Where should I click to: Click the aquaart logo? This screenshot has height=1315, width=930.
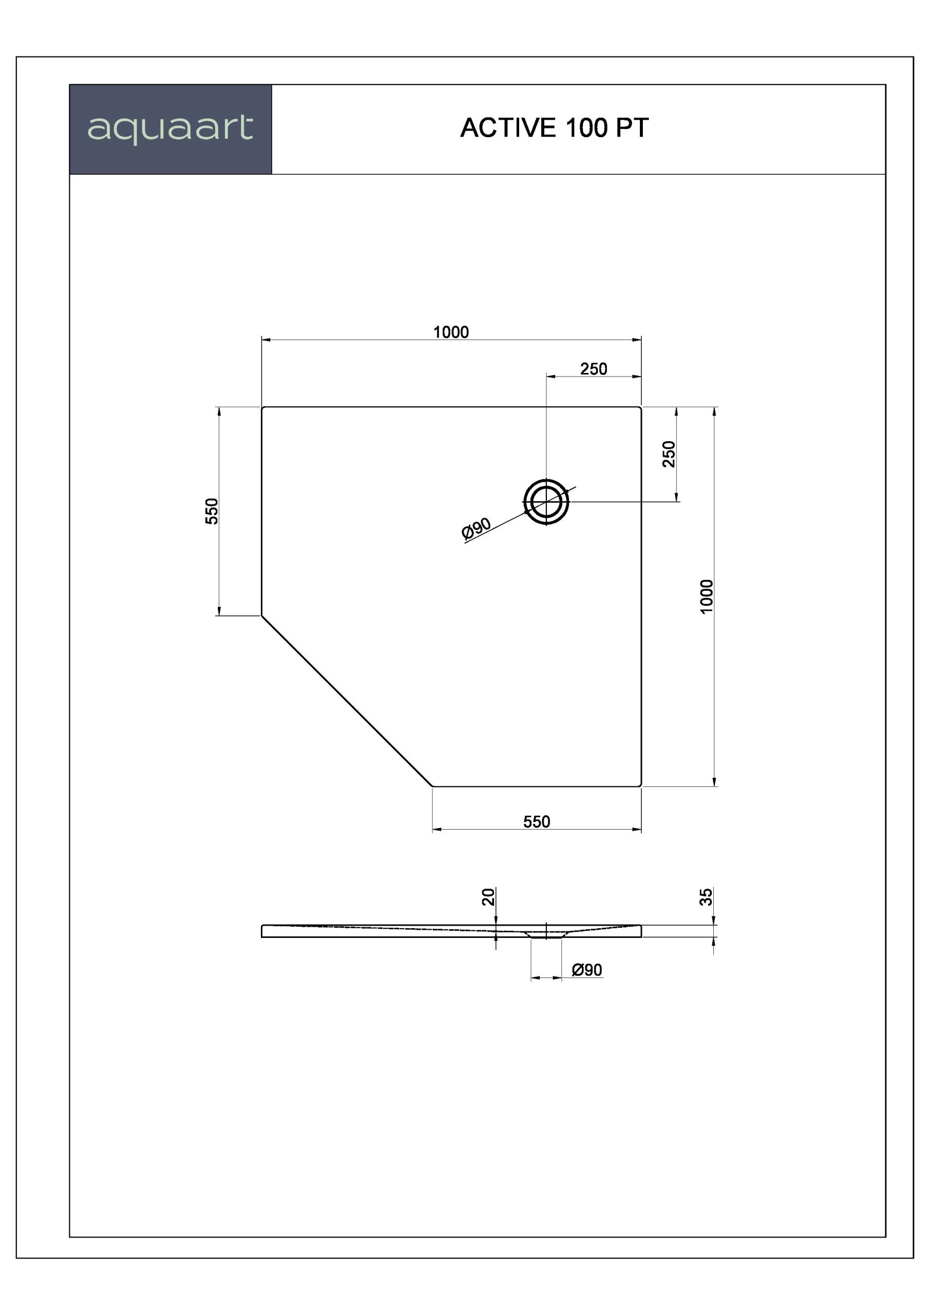click(x=170, y=129)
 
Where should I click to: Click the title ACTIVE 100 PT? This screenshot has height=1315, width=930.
click(x=554, y=128)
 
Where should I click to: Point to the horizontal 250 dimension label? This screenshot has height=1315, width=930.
click(x=593, y=369)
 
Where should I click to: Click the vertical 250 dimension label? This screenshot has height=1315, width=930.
click(x=669, y=454)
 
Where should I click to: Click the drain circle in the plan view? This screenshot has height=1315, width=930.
click(x=546, y=502)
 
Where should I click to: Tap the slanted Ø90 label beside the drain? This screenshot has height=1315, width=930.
click(x=476, y=528)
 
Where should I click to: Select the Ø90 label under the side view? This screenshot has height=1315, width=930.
click(x=587, y=970)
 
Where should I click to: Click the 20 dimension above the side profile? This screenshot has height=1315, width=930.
click(x=488, y=896)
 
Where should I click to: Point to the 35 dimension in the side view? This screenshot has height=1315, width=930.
click(x=707, y=896)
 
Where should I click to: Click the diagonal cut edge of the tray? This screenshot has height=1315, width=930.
click(x=347, y=701)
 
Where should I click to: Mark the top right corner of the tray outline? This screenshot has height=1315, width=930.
click(x=641, y=407)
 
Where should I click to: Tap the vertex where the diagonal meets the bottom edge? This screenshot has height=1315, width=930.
click(x=433, y=786)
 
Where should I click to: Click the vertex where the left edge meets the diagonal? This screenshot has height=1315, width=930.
click(x=262, y=616)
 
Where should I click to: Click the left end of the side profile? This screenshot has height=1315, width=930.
click(x=262, y=931)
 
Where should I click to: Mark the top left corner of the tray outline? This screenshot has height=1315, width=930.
click(x=262, y=407)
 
